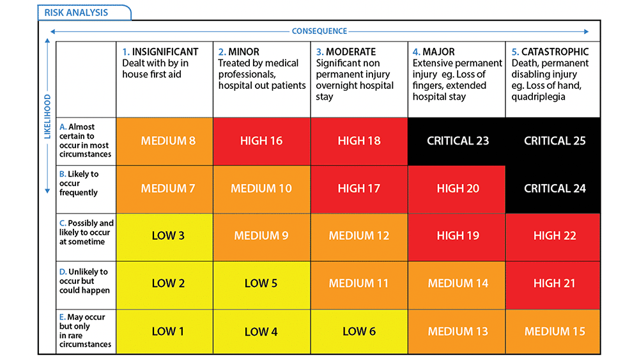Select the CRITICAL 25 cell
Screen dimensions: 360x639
(x=554, y=141)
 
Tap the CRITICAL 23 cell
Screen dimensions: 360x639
(x=458, y=141)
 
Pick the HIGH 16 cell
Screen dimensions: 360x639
(x=261, y=141)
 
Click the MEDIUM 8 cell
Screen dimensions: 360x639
(x=168, y=141)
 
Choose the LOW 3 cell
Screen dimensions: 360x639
(x=168, y=236)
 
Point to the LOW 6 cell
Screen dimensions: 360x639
(x=358, y=331)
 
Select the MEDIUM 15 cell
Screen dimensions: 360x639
(x=554, y=331)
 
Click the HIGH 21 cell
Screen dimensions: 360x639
(x=554, y=283)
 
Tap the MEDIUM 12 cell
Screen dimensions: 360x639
(x=358, y=236)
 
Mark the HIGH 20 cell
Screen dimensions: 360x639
(x=458, y=189)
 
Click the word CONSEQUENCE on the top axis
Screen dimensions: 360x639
(x=319, y=31)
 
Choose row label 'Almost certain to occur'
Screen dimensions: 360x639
(x=86, y=141)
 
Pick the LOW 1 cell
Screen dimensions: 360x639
(x=168, y=331)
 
